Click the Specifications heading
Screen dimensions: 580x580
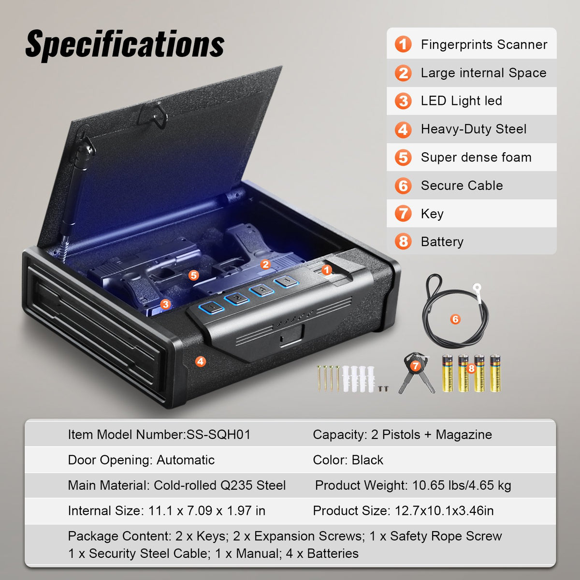125,44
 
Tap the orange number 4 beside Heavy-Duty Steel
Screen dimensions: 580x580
403,130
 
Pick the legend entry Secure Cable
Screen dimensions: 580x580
462,186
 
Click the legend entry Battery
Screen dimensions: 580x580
442,242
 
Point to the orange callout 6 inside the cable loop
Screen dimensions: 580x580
455,319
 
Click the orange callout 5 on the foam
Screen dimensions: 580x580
194,275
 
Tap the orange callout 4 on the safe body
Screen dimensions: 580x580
200,361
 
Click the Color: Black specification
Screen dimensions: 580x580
348,460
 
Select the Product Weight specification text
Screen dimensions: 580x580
413,485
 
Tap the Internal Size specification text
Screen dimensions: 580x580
166,511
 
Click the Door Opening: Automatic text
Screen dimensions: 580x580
141,460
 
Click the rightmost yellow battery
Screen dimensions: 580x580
495,373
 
